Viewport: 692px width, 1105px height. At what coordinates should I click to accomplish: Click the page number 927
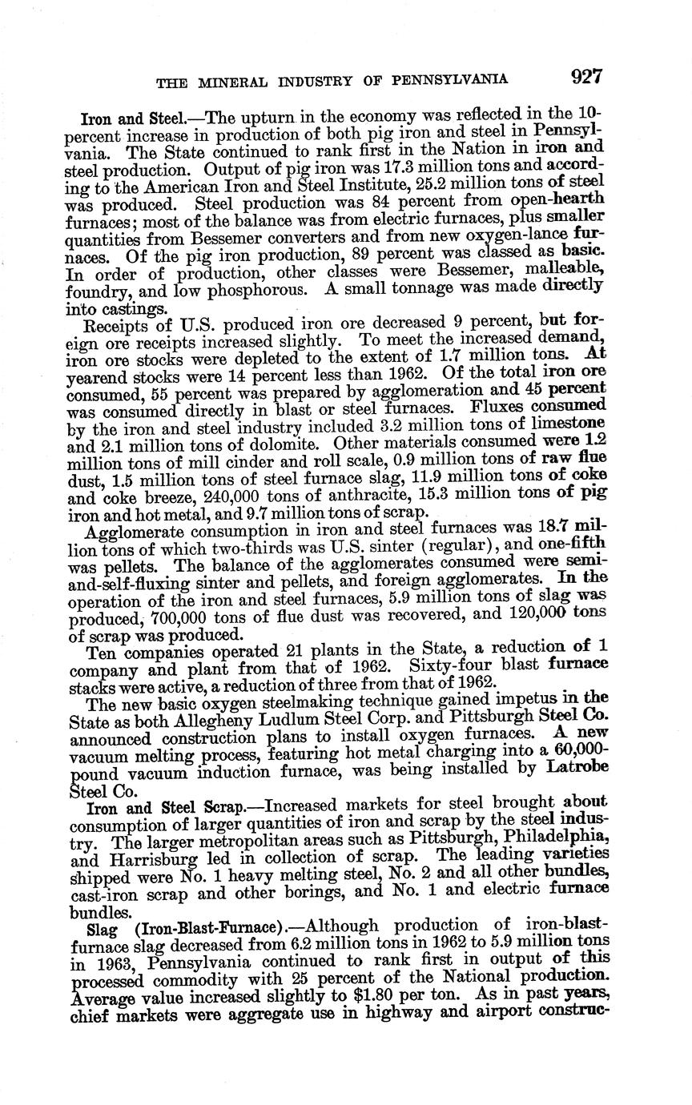click(586, 78)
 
